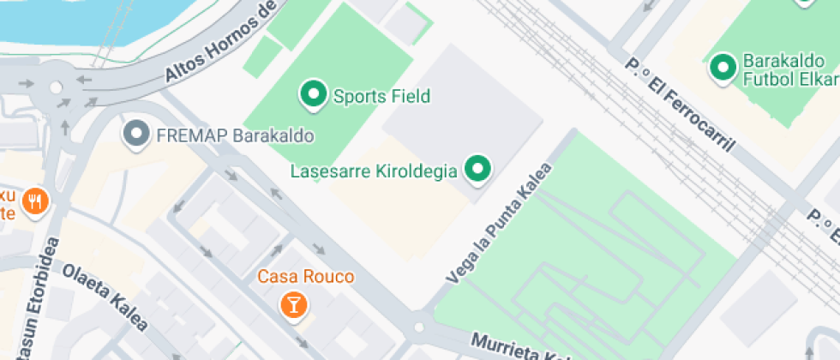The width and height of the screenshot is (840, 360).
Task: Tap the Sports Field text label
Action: click(381, 96)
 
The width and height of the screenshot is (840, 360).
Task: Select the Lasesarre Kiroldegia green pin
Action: click(477, 169)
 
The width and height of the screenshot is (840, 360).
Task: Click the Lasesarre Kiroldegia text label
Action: click(373, 171)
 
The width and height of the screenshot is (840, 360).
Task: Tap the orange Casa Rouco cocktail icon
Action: click(293, 304)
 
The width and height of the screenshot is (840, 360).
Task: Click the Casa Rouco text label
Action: click(306, 278)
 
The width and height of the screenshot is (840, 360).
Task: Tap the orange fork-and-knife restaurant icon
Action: click(35, 201)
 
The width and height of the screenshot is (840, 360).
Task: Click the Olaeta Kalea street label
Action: click(105, 296)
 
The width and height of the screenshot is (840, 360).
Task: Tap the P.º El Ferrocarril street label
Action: click(681, 106)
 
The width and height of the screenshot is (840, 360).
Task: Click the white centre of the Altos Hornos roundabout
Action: click(57, 87)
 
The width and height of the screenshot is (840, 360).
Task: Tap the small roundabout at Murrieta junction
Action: click(418, 327)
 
